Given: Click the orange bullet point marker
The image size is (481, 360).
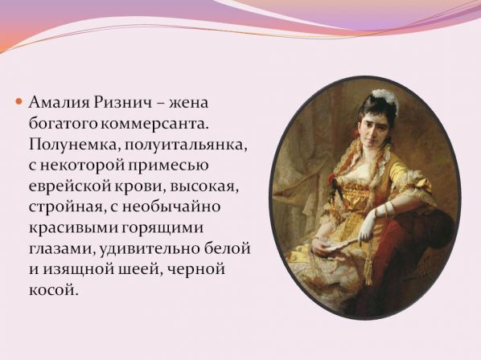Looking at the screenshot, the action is click(x=19, y=101).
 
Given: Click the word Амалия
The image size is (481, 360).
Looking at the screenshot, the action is click(x=60, y=102).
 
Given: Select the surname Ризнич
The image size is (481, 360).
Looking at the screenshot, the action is click(x=123, y=102).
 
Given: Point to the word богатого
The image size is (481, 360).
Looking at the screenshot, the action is click(x=64, y=124).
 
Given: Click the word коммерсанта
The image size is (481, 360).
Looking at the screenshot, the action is click(x=154, y=124).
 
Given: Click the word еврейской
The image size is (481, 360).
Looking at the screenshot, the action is click(x=70, y=186).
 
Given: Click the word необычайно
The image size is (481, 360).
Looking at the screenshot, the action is click(x=171, y=206).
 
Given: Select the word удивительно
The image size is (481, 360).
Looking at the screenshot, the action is click(x=148, y=248).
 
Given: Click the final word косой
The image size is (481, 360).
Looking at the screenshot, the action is click(x=51, y=289).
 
